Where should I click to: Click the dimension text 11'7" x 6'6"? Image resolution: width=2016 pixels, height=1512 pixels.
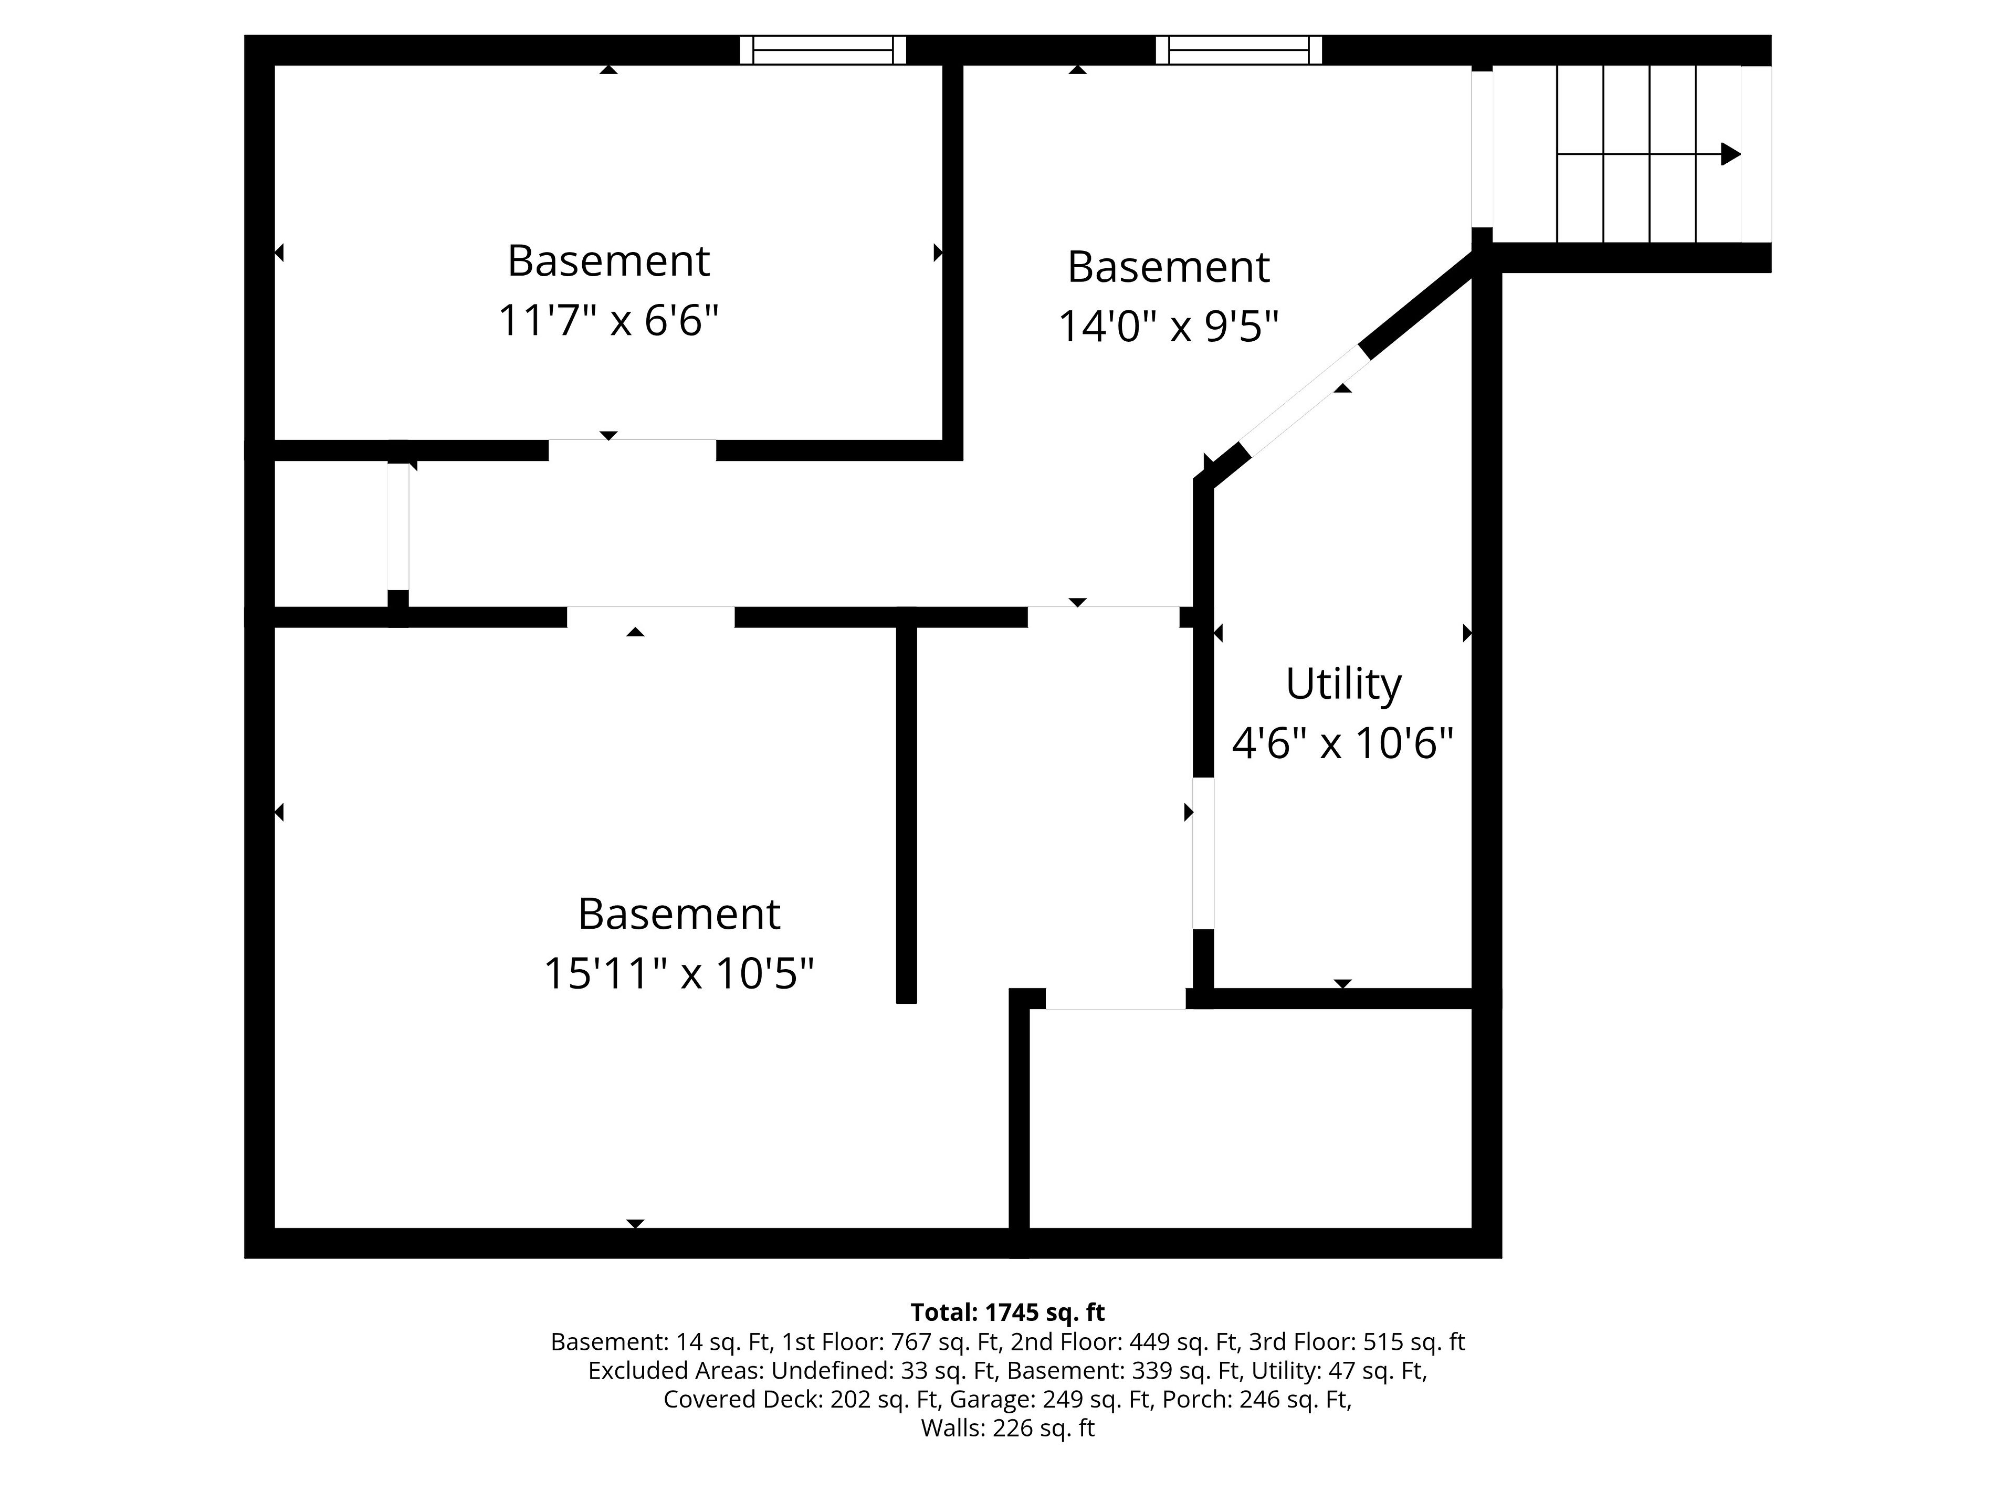[608, 321]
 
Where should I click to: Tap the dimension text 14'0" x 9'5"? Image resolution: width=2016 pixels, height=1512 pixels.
[1169, 326]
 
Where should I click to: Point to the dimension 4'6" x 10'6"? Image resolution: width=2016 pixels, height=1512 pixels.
[1342, 743]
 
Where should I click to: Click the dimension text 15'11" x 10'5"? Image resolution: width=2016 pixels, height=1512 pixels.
[679, 973]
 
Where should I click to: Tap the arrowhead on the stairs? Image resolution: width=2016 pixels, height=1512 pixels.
[1730, 154]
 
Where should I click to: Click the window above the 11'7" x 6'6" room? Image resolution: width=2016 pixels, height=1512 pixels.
[823, 50]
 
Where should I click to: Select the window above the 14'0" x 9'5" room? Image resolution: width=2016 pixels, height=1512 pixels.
[1238, 50]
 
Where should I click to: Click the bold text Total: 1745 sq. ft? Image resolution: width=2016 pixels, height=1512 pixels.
[1007, 1312]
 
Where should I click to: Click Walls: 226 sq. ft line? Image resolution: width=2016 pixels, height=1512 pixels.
[1007, 1428]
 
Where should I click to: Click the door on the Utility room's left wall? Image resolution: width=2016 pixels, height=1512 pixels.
[1203, 853]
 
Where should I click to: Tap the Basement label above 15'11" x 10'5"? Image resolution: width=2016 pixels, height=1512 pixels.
[679, 914]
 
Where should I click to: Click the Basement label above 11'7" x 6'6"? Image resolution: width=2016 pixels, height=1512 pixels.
[608, 261]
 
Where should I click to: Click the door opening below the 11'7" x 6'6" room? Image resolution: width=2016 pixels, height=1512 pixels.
[632, 450]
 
